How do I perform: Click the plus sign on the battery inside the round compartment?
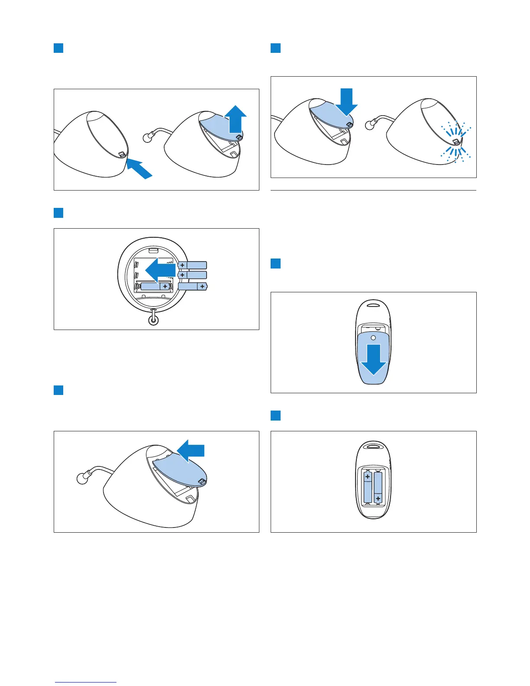(x=165, y=286)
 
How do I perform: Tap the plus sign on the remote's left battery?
(x=368, y=477)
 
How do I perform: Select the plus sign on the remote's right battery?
(x=378, y=498)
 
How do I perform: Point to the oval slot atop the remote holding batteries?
(x=373, y=444)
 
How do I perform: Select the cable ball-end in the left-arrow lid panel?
(x=81, y=479)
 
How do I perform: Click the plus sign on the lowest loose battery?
(x=202, y=286)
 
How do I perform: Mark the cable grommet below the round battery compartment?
(x=153, y=320)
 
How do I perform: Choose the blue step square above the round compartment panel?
(x=58, y=213)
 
